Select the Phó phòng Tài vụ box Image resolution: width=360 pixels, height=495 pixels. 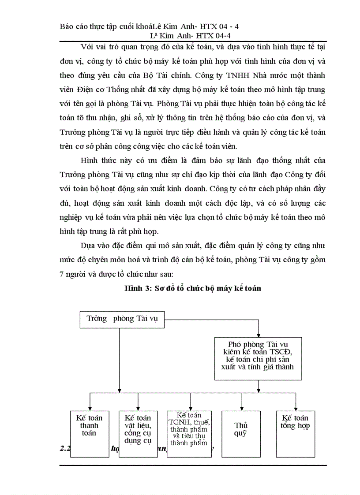(258, 358)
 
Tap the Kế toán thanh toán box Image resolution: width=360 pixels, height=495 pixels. (90, 433)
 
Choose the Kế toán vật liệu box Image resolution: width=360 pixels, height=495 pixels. (138, 433)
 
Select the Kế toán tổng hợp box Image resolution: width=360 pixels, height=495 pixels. (295, 433)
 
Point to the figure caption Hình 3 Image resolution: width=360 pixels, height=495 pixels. (193, 289)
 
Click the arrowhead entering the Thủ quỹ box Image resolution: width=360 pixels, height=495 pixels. (242, 408)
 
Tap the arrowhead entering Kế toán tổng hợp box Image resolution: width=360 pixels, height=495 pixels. (295, 408)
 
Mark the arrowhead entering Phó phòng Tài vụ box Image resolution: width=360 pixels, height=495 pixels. (259, 335)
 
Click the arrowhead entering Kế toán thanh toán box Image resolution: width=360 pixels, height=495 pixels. (90, 408)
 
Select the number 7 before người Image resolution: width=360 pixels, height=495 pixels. (62, 274)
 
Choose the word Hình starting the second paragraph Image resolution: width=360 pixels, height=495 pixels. (90, 160)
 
